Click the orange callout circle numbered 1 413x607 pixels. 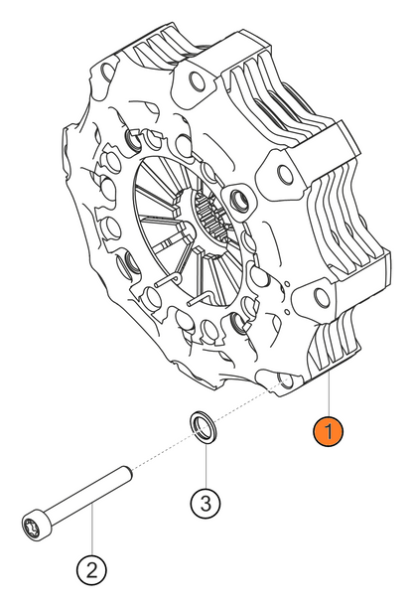(x=328, y=433)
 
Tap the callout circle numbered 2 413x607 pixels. (x=91, y=569)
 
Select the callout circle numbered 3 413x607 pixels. (x=205, y=503)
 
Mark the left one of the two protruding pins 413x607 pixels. (x=168, y=282)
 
